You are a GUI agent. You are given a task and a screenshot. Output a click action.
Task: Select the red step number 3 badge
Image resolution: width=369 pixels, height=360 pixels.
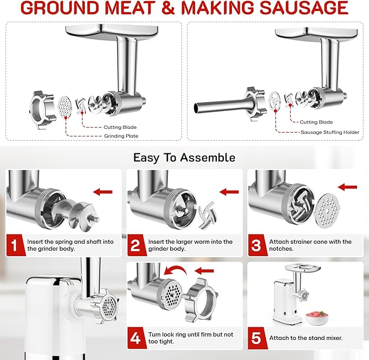[x=257, y=245]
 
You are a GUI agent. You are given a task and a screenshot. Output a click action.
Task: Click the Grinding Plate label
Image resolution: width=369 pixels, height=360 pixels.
[x=121, y=136]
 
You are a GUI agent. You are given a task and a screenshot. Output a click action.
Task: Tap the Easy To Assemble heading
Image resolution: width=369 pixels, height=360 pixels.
[x=184, y=158]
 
